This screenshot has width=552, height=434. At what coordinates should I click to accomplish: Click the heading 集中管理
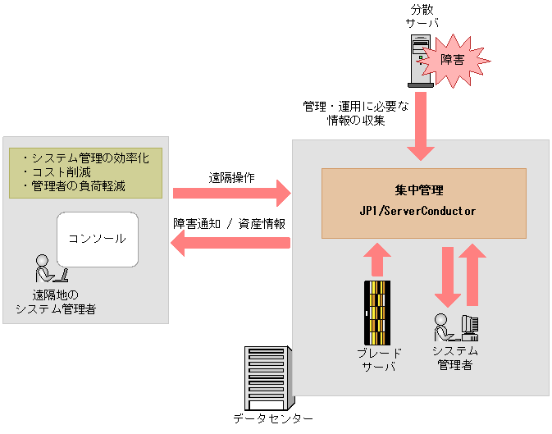(423, 189)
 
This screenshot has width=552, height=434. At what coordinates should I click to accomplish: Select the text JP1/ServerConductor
(423, 211)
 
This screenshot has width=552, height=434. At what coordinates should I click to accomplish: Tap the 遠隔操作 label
(231, 176)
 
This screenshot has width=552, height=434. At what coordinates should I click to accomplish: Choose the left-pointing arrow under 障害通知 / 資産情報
(230, 243)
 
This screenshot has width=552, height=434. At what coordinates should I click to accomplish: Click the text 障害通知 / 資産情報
(230, 223)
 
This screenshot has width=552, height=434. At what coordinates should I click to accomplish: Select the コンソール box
(97, 239)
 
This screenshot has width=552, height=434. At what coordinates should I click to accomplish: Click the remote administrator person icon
(48, 269)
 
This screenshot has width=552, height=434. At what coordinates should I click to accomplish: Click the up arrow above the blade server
(376, 258)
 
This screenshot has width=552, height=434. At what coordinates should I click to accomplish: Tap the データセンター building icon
(268, 377)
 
